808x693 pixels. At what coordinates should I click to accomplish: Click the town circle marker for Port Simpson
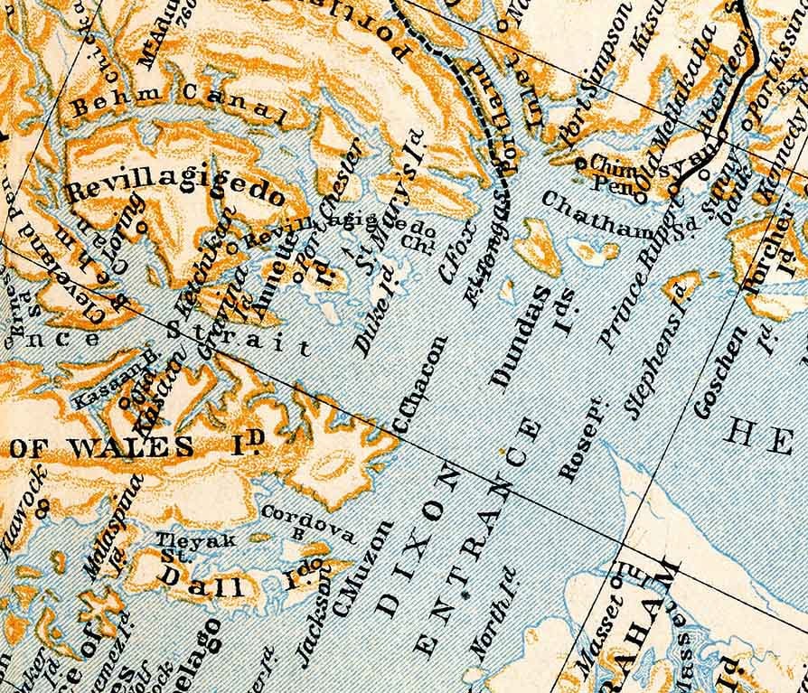(579, 163)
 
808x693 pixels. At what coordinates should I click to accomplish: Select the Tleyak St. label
(184, 546)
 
